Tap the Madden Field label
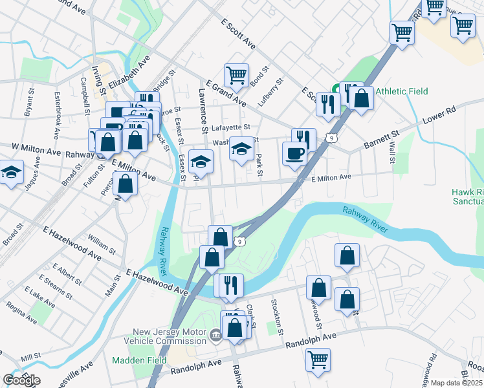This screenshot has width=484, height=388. [x=139, y=360]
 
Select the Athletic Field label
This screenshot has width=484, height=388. [x=401, y=91]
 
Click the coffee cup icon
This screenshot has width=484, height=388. [x=295, y=153]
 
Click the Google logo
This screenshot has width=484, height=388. [x=21, y=380]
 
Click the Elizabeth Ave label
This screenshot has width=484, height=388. [x=129, y=75]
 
